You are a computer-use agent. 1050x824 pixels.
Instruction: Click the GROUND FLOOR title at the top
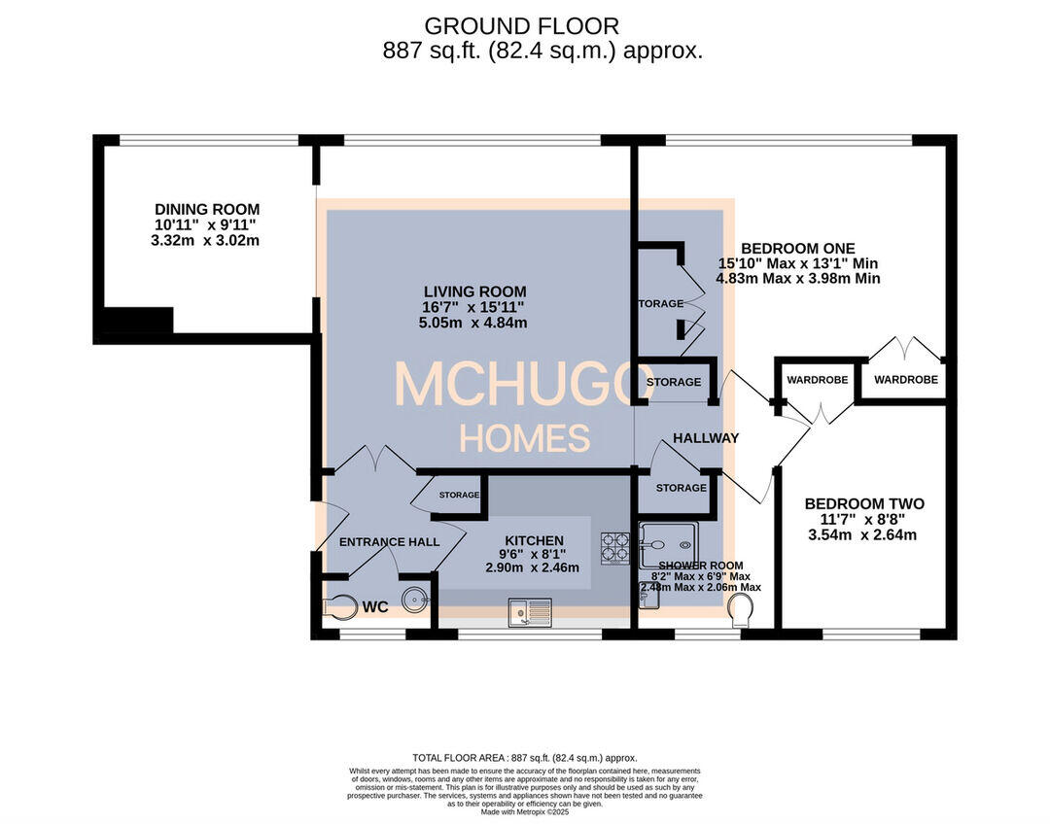(521, 26)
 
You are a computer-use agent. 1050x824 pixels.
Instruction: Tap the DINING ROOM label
(207, 209)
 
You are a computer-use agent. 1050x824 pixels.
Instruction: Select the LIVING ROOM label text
(474, 291)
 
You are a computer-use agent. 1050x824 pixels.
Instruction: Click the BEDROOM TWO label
(864, 503)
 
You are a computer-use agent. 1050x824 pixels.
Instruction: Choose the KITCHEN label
(534, 540)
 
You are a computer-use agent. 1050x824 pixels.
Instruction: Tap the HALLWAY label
(706, 437)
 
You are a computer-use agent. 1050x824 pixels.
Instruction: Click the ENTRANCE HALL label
(389, 541)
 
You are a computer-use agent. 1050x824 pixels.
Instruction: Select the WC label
(375, 607)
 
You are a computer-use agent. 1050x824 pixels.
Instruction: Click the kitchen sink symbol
(529, 612)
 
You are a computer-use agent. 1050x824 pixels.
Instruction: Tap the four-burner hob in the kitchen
(615, 548)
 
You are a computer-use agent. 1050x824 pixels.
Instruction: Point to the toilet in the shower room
(741, 610)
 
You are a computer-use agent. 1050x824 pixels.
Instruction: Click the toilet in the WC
(337, 606)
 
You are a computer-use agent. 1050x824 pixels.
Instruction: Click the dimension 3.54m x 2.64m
(864, 534)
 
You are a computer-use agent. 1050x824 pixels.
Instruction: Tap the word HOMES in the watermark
(524, 439)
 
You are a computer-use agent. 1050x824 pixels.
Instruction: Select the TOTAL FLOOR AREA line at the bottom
(525, 757)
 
